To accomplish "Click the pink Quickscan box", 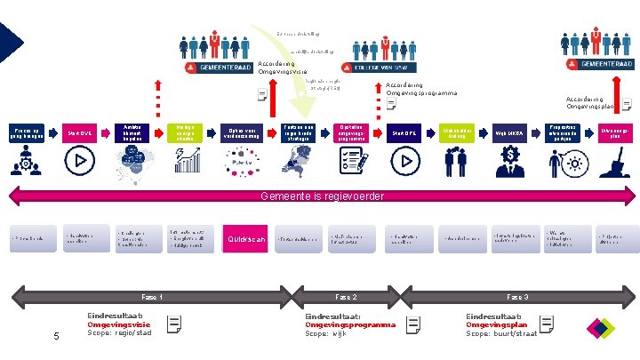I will click(243, 238).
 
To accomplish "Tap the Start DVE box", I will click(79, 133).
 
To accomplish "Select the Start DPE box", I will click(405, 133).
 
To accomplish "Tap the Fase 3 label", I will click(517, 296).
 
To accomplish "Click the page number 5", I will click(56, 335).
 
